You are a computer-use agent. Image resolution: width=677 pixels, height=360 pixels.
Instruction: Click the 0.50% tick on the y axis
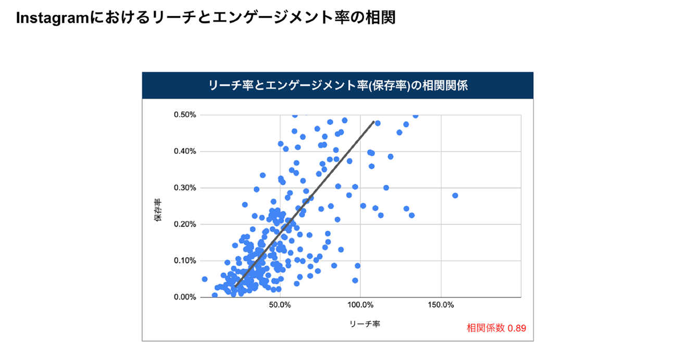click(x=184, y=115)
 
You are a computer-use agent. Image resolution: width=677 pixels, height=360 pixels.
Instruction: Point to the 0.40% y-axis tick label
click(x=184, y=152)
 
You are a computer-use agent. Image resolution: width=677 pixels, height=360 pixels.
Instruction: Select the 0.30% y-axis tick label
click(x=184, y=188)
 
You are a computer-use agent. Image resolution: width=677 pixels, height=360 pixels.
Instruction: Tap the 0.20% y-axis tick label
click(x=184, y=225)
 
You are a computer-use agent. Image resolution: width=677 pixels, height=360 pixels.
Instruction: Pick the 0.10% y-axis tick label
click(x=184, y=261)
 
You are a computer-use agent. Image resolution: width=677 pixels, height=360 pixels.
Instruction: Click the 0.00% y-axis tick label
click(x=184, y=297)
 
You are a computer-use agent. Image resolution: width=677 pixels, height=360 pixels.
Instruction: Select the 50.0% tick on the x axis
click(x=280, y=305)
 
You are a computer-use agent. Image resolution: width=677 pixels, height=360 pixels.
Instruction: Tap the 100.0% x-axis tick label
click(x=360, y=305)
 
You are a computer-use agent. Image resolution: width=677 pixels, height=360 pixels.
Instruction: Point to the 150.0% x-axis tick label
click(x=441, y=305)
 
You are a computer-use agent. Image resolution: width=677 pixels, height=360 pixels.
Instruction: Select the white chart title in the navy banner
click(x=337, y=85)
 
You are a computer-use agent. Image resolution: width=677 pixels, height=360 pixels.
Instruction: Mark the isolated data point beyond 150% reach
click(x=455, y=195)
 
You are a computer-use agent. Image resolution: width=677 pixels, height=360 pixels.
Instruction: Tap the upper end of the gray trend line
click(x=373, y=122)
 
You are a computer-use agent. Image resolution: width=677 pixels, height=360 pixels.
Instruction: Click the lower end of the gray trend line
click(x=235, y=286)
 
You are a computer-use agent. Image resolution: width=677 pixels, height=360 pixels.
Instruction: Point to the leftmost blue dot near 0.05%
click(x=205, y=279)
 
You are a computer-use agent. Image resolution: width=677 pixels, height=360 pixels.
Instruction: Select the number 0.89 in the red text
click(x=517, y=328)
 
